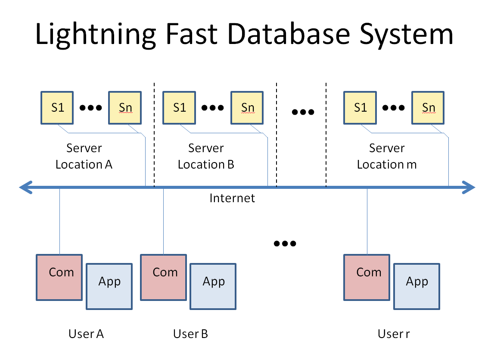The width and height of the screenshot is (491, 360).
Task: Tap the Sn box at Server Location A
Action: [125, 107]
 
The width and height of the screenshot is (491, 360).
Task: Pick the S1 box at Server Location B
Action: [179, 107]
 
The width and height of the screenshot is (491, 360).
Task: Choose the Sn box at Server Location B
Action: [247, 107]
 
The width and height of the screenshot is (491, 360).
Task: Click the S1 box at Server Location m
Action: [360, 107]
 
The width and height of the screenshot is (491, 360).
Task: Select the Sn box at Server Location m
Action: [428, 107]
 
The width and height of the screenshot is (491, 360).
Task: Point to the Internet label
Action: [232, 198]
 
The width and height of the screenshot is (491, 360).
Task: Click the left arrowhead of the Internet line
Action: [26, 188]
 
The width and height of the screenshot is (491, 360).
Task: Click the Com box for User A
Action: [59, 277]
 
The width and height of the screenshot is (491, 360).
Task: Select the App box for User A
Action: [109, 286]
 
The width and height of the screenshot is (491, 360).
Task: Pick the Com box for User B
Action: [164, 277]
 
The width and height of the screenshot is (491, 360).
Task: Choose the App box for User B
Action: [214, 286]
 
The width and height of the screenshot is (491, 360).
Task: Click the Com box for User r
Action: [367, 277]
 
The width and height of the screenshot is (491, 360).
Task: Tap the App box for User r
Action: [417, 286]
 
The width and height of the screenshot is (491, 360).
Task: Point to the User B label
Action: [190, 334]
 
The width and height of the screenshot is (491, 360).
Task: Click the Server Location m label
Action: [387, 156]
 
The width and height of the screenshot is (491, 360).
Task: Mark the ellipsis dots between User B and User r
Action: [285, 244]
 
